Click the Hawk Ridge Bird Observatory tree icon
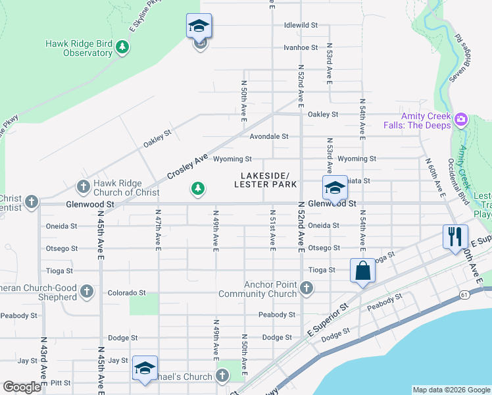tap(122, 48)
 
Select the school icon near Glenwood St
tap(334, 188)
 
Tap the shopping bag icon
tap(362, 271)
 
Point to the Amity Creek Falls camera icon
tap(460, 120)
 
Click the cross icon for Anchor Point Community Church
tap(306, 288)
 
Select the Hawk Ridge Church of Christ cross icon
tap(83, 188)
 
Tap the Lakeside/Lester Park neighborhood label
tap(265, 180)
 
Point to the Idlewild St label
tap(301, 25)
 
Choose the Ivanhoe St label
tap(301, 47)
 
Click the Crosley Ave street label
tap(187, 166)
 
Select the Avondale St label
tap(269, 137)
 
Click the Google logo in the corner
tap(22, 387)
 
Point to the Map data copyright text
tap(451, 390)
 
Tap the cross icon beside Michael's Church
tap(222, 376)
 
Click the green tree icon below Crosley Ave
tap(197, 190)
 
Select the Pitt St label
tap(60, 382)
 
